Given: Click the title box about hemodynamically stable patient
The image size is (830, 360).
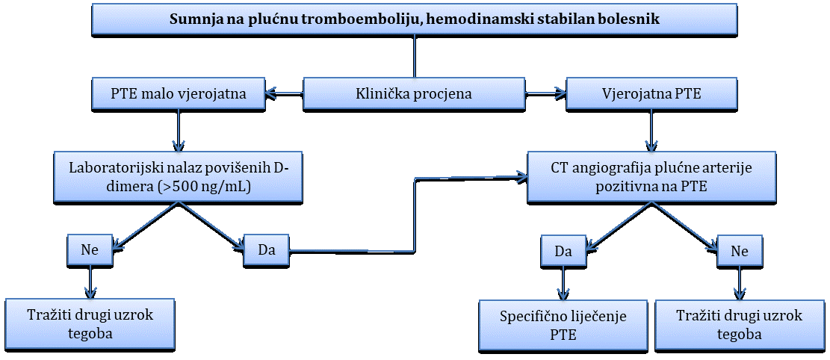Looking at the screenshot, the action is click(415, 19).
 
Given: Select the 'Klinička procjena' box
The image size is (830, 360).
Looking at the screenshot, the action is click(415, 95).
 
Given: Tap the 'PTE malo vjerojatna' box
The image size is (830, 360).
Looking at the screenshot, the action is click(178, 95).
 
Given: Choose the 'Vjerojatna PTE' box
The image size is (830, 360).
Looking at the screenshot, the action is click(651, 95).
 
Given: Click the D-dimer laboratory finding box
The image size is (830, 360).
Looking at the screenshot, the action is click(178, 178).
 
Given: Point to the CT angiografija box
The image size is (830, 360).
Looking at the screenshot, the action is click(651, 178).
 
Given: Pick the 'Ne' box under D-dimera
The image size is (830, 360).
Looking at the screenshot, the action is click(90, 250).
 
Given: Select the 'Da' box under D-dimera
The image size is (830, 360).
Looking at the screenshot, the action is click(267, 250).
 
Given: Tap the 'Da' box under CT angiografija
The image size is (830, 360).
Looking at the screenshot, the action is click(563, 250).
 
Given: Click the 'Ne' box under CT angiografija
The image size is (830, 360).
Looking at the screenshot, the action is click(740, 250).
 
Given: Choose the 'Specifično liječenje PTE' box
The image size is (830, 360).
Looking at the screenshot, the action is click(563, 326).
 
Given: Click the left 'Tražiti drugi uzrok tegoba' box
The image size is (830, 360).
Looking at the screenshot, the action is click(90, 326).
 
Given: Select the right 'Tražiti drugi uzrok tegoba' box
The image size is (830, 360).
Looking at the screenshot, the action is click(740, 326).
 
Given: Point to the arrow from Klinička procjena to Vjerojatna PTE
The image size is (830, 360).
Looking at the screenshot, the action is click(546, 95).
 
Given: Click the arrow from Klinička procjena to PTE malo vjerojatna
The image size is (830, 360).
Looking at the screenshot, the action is click(283, 95).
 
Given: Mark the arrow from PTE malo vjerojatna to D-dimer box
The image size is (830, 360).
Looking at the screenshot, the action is click(178, 131).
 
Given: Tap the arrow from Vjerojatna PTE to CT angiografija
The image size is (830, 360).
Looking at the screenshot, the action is click(651, 131).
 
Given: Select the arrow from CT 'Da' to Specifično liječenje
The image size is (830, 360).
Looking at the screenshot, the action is click(563, 283).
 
